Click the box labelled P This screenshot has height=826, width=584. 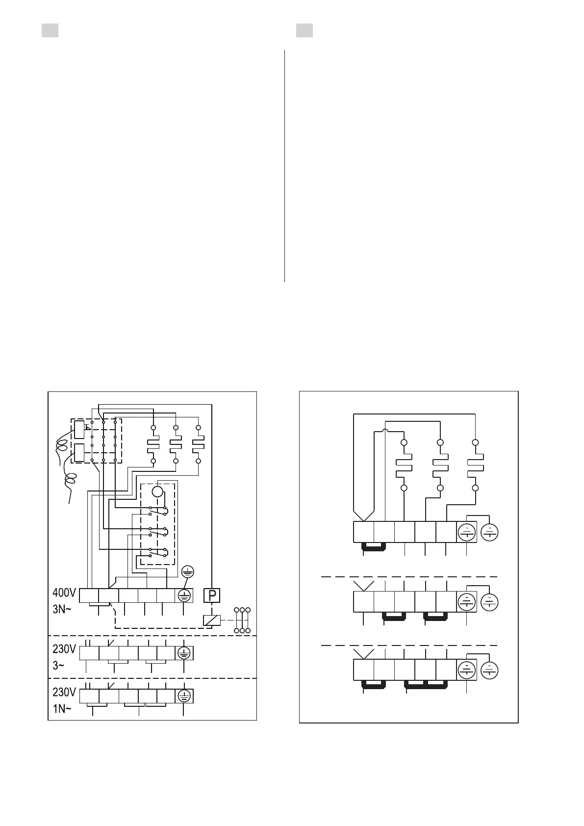(x=212, y=595)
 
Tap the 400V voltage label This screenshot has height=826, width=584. (x=64, y=593)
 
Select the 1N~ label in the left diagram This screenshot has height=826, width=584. (x=62, y=709)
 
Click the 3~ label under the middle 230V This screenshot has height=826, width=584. (x=59, y=666)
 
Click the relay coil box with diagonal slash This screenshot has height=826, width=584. (x=211, y=620)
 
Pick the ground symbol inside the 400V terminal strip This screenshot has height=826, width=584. (x=184, y=595)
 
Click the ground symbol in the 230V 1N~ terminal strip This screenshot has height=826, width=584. (x=184, y=696)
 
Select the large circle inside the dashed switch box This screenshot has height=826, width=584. (x=157, y=492)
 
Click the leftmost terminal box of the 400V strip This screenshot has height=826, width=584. (x=89, y=595)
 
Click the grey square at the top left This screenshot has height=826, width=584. (x=50, y=30)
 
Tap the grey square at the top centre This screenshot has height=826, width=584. (x=305, y=30)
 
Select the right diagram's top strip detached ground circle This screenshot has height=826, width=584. (x=490, y=532)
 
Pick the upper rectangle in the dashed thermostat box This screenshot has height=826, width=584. (x=79, y=429)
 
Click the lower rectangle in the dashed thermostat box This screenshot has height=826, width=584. (x=79, y=452)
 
